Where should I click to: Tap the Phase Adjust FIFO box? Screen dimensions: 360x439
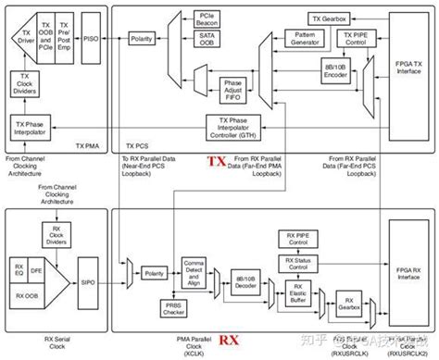click(232, 90)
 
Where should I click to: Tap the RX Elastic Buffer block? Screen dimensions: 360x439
click(296, 293)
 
